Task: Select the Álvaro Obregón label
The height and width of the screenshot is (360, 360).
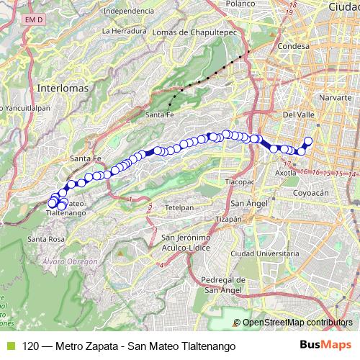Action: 69,262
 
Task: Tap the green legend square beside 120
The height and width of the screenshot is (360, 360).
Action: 9,346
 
